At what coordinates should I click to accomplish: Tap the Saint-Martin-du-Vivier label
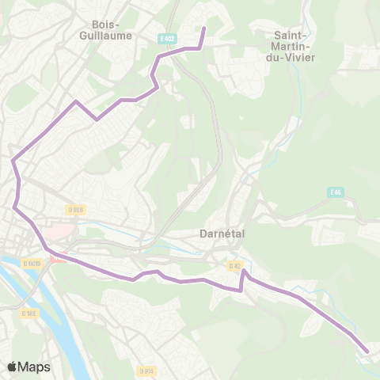(294, 46)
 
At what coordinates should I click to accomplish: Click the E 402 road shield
(165, 38)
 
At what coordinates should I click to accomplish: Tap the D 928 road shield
(76, 210)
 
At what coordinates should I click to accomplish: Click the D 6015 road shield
(32, 263)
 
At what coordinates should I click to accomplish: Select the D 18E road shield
(28, 313)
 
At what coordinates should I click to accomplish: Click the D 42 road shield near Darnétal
(234, 266)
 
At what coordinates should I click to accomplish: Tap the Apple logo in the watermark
(12, 367)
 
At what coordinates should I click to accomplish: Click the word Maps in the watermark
(34, 367)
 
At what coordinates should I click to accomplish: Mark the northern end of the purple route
(204, 28)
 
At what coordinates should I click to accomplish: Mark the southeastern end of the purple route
(367, 351)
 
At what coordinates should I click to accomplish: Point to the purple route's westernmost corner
(13, 161)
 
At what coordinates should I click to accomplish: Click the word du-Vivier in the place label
(294, 57)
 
